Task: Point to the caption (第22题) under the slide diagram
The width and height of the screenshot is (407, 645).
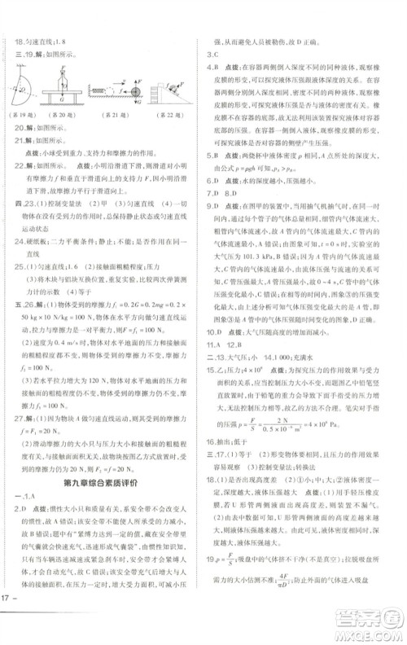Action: [x=171, y=115]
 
